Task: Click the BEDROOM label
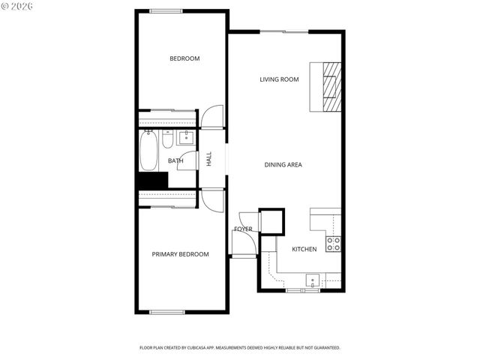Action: click(x=184, y=58)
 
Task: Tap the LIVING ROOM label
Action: click(x=279, y=79)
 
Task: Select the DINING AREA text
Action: click(x=283, y=164)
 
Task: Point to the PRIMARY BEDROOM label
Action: click(x=180, y=254)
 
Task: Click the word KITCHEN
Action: click(x=304, y=249)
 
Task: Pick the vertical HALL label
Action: click(x=209, y=159)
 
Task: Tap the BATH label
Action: click(x=175, y=160)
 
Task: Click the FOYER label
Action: click(x=243, y=229)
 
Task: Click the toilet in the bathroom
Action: click(x=168, y=139)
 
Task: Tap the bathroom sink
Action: click(x=185, y=137)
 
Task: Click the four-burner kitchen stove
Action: click(x=334, y=243)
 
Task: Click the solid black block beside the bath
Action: click(x=151, y=181)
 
